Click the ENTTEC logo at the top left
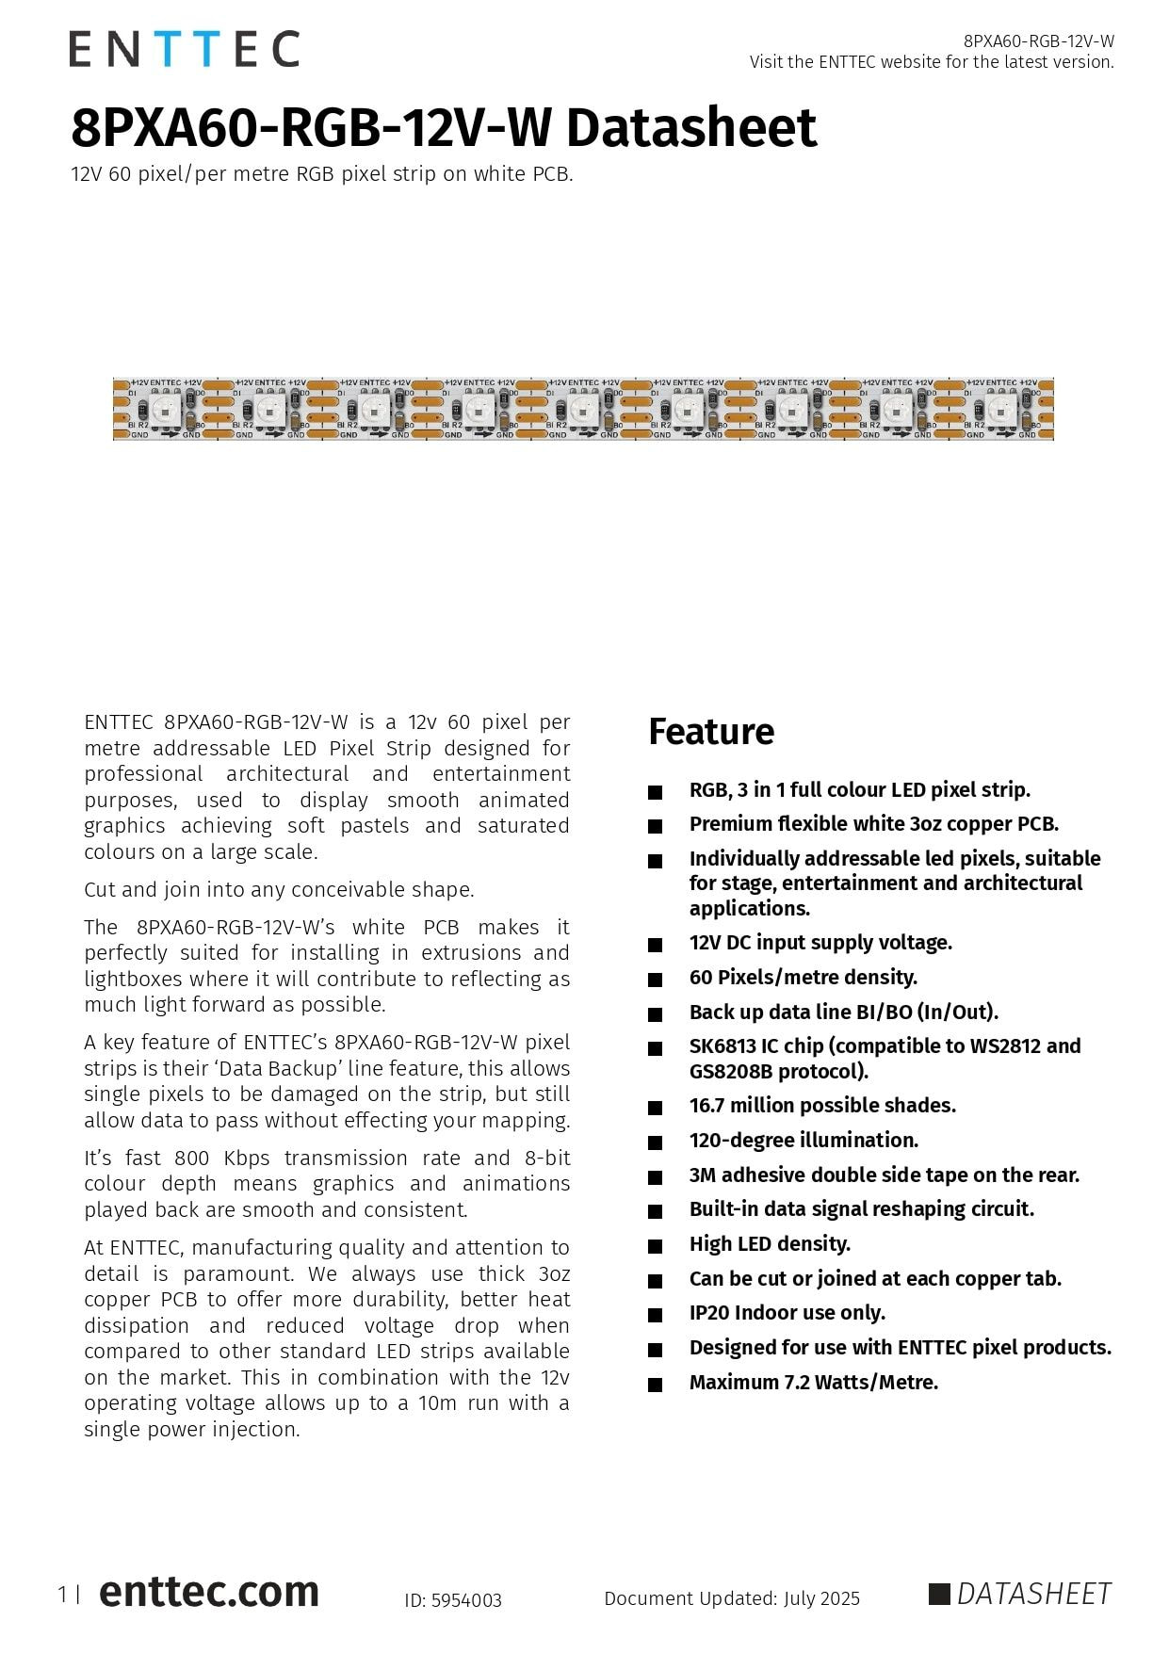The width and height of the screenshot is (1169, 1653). (184, 49)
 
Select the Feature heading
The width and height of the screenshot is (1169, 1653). (711, 732)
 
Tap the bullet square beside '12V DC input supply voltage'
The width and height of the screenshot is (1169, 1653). (655, 945)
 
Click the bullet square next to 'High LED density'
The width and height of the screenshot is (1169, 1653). (655, 1246)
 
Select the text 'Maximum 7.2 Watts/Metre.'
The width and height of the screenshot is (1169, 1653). (814, 1383)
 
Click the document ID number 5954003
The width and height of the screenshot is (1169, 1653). (466, 1600)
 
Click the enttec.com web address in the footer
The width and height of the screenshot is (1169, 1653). (208, 1592)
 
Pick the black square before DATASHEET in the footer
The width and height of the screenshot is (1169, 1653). (939, 1594)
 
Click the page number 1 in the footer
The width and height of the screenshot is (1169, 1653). (62, 1595)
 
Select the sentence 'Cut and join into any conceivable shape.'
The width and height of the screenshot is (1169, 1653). (279, 890)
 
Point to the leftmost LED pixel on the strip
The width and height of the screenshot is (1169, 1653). (165, 410)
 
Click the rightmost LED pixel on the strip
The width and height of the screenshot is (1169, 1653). (1001, 410)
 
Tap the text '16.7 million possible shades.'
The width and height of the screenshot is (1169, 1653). (822, 1106)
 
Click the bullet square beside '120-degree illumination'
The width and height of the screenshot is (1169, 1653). (655, 1143)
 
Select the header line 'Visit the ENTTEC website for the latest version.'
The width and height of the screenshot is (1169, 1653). (932, 62)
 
